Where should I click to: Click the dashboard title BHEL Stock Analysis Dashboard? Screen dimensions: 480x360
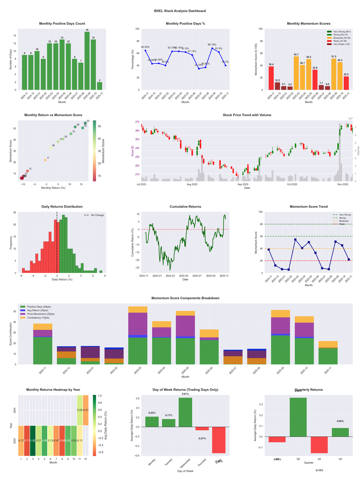click(180, 10)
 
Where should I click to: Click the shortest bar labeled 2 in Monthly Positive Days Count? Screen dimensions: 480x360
click(99, 86)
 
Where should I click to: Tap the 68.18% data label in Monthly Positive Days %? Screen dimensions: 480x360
click(211, 45)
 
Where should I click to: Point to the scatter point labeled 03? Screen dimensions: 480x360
click(85, 123)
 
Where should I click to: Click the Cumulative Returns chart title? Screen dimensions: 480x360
click(185, 207)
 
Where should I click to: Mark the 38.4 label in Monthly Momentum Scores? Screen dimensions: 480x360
click(271, 64)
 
